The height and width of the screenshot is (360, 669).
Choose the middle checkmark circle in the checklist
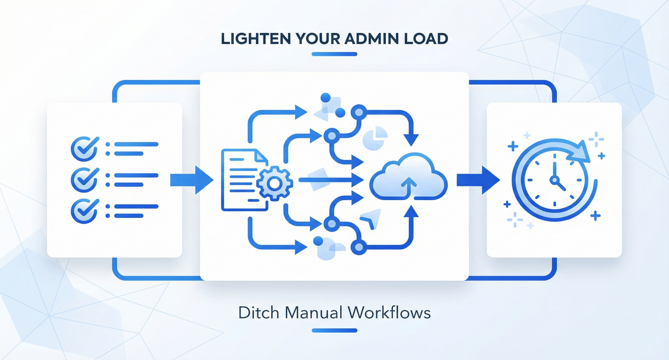pyautogui.click(x=82, y=179)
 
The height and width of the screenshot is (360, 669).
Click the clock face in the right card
pyautogui.click(x=552, y=179)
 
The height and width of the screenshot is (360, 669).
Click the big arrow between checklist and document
pyautogui.click(x=191, y=180)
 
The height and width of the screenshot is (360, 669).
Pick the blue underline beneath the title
pyautogui.click(x=334, y=54)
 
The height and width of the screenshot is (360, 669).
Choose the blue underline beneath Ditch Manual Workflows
pyautogui.click(x=334, y=330)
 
